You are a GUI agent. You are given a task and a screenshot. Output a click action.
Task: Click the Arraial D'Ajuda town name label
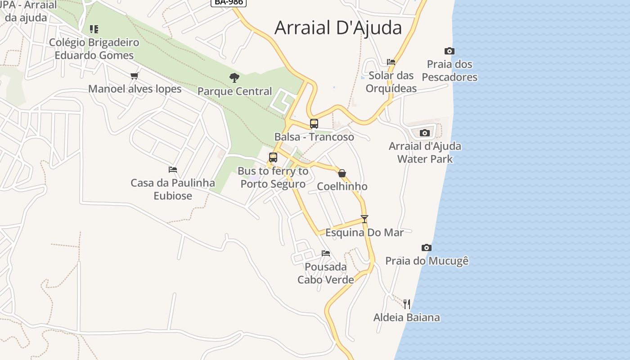[x=338, y=28]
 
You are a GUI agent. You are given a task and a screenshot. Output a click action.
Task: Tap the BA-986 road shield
[x=228, y=2]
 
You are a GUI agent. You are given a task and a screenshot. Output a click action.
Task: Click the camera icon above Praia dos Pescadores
[x=449, y=51]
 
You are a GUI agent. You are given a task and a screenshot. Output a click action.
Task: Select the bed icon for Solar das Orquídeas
[x=391, y=62]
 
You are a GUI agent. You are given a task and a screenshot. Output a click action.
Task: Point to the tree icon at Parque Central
[x=234, y=78]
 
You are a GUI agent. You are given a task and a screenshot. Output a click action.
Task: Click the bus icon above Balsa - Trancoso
[x=314, y=124]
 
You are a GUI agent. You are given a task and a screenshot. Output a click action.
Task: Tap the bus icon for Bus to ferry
[x=273, y=157]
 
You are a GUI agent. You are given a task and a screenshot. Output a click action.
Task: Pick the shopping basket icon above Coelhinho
[x=342, y=173]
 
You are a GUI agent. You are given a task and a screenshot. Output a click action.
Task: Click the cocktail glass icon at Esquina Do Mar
[x=364, y=219]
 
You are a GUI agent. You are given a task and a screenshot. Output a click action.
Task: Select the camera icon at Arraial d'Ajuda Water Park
[x=424, y=133]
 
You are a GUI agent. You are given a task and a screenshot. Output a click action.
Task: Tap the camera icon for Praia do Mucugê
[x=427, y=247]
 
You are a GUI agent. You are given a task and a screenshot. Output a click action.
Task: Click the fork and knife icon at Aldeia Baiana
[x=407, y=304]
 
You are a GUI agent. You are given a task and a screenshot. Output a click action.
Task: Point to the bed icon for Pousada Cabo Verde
[x=326, y=253]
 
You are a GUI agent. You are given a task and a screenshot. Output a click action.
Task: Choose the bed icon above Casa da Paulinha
[x=173, y=170]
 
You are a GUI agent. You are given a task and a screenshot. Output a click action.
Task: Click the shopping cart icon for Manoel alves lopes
[x=134, y=76]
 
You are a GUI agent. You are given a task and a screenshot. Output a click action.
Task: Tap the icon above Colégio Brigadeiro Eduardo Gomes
[x=94, y=29]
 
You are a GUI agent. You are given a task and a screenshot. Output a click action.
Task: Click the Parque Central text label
[x=234, y=91]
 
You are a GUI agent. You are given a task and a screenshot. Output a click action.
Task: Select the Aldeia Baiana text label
[x=406, y=318]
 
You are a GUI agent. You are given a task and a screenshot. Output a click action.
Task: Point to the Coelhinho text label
[x=342, y=186]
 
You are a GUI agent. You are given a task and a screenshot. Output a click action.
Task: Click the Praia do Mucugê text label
[x=427, y=261]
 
